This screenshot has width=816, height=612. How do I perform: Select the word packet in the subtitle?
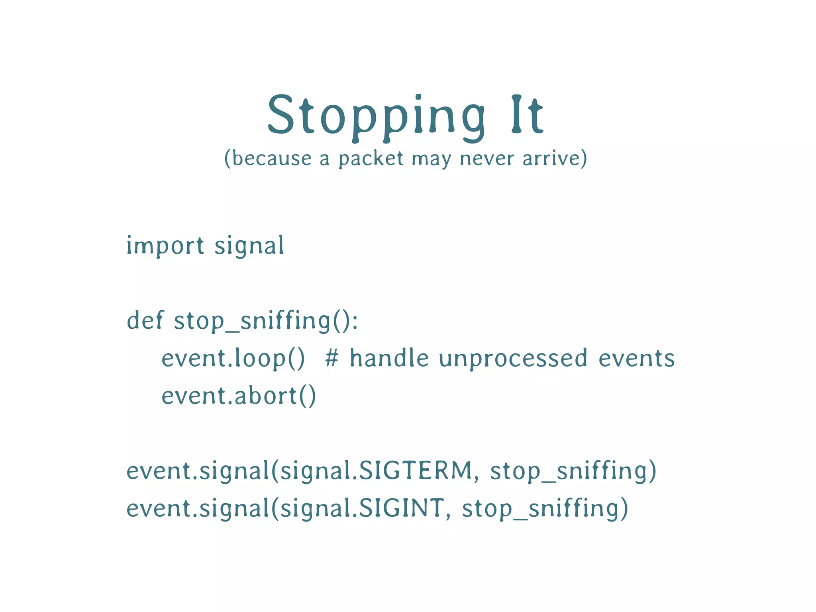(x=371, y=159)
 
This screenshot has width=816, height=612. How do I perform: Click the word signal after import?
(x=249, y=245)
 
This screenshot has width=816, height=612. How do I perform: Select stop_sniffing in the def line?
(x=252, y=321)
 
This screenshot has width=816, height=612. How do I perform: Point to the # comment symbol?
(x=332, y=358)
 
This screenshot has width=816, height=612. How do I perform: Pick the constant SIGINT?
(x=401, y=508)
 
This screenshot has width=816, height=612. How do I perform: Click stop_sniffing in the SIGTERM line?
(x=568, y=471)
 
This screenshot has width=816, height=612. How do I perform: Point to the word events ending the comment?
(x=636, y=358)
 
